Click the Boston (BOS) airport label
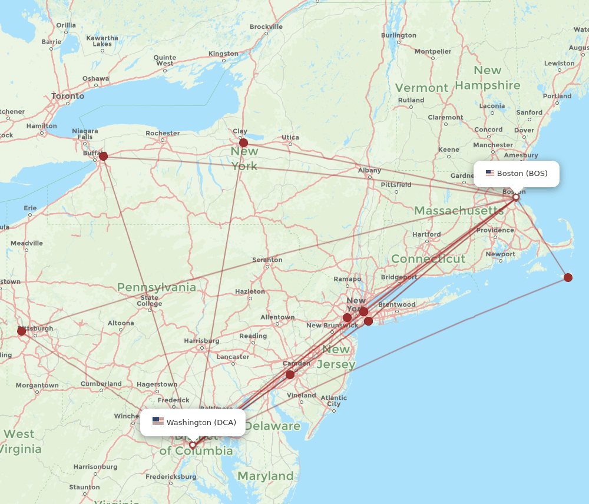pyautogui.click(x=517, y=174)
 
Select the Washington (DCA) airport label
pyautogui.click(x=193, y=422)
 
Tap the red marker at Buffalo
pyautogui.click(x=104, y=156)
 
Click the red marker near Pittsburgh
pyautogui.click(x=22, y=331)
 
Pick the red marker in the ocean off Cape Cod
pyautogui.click(x=568, y=277)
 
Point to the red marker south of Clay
pyautogui.click(x=243, y=142)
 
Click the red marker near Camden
pyautogui.click(x=290, y=374)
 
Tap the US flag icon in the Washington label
pyautogui.click(x=158, y=422)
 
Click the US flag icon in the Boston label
pyautogui.click(x=489, y=173)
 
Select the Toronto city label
pyautogui.click(x=68, y=96)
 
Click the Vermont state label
pyautogui.click(x=421, y=88)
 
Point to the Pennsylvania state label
pyautogui.click(x=156, y=287)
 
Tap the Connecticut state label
pyautogui.click(x=428, y=259)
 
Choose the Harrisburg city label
pyautogui.click(x=202, y=341)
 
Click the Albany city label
pyautogui.click(x=369, y=170)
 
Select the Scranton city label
pyautogui.click(x=267, y=260)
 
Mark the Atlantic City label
pyautogui.click(x=333, y=401)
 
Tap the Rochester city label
pyautogui.click(x=163, y=133)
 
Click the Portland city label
pyautogui.click(x=557, y=96)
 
